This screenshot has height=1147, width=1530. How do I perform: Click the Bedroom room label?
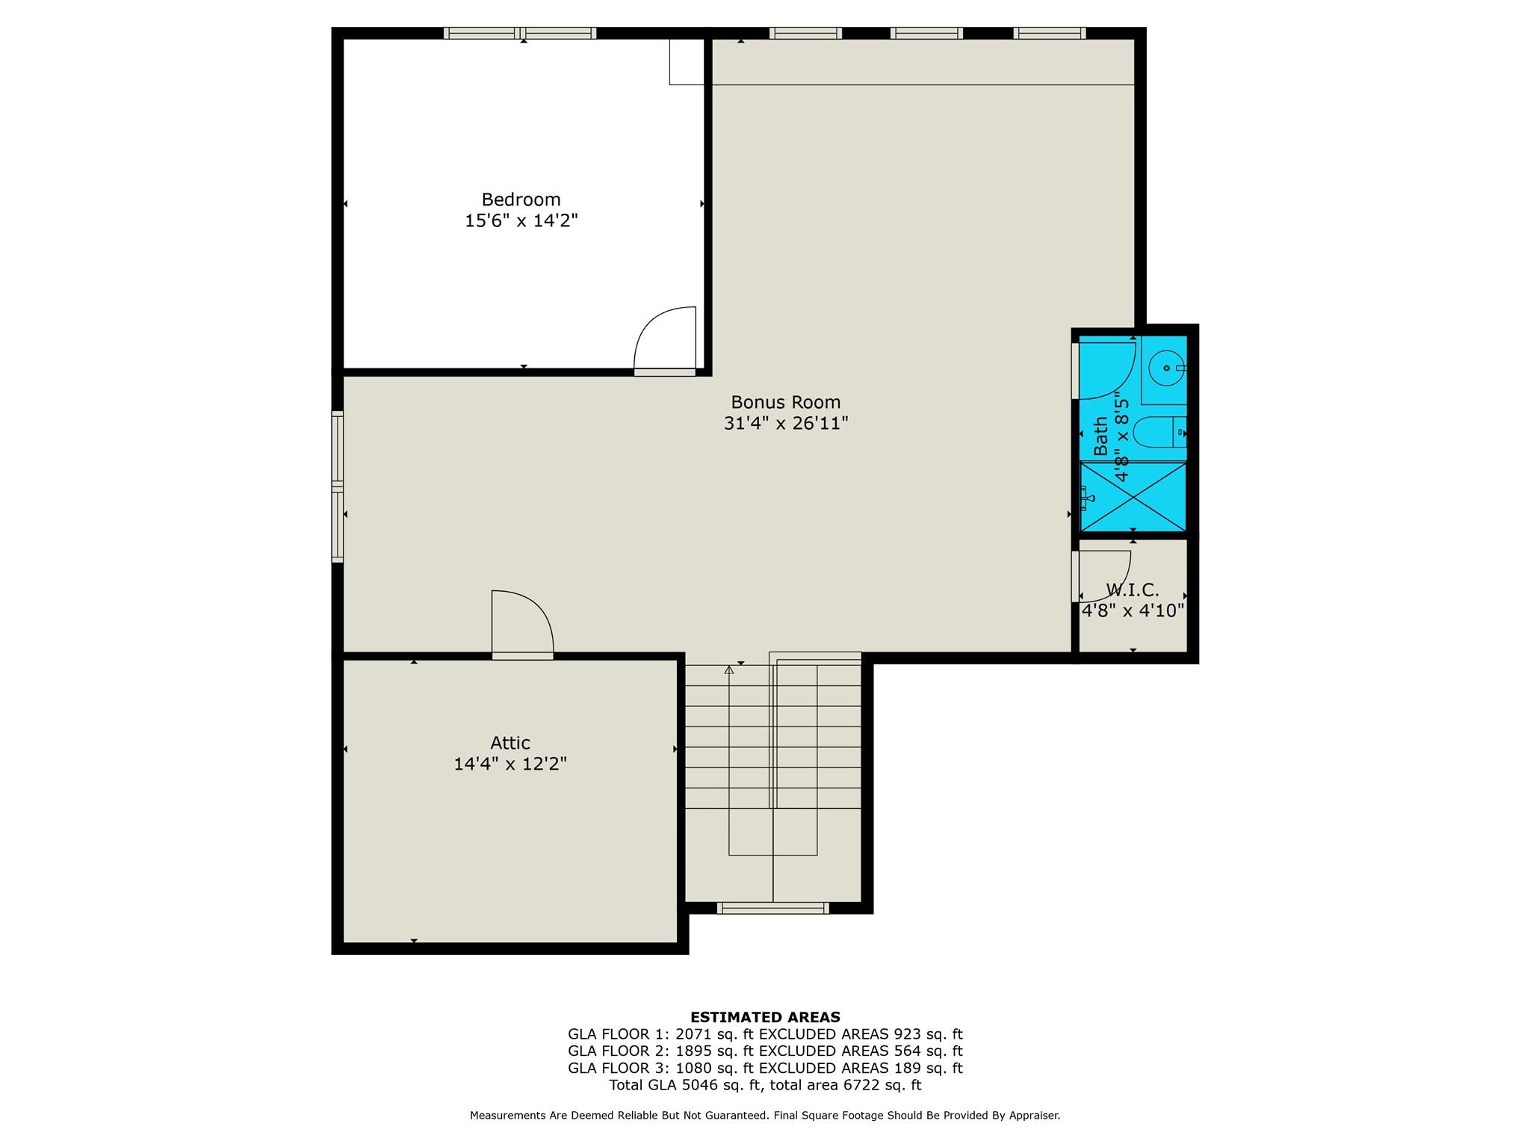pos(521,200)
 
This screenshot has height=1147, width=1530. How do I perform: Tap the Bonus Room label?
pos(786,402)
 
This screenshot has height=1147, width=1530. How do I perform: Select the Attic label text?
pos(510,743)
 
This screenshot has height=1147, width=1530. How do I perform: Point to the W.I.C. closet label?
pos(1133,590)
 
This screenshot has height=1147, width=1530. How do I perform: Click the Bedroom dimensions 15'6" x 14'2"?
pos(521,220)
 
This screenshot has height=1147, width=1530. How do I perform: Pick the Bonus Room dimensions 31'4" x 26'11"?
pos(786,423)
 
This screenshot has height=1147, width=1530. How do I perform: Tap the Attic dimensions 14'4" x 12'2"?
pos(510,764)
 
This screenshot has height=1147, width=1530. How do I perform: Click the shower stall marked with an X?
pos(1133,497)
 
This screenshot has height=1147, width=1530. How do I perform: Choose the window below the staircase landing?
pos(772,908)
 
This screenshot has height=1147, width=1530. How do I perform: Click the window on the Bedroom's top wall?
pos(520,33)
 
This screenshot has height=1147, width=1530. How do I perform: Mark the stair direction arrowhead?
pos(729,670)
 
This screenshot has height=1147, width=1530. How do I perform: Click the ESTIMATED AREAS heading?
pos(765,1017)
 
